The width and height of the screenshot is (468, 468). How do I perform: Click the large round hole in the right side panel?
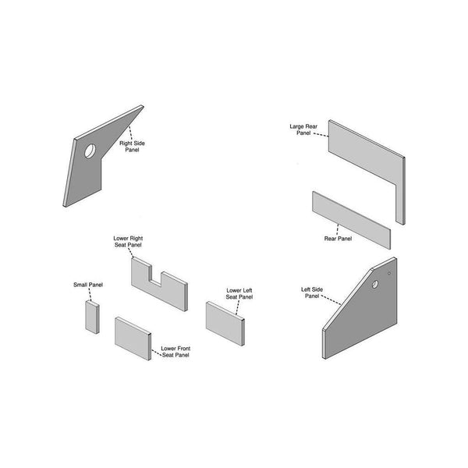pos(90,150)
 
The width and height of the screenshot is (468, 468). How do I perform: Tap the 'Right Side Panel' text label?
pos(132,147)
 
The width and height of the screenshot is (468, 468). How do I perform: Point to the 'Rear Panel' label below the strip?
pos(338,239)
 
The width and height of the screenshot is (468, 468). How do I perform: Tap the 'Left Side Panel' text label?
pos(312,292)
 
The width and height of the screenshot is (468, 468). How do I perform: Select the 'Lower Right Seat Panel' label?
pos(128,241)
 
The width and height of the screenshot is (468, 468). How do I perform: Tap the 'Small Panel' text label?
pos(87,285)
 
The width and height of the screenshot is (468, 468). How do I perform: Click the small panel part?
pos(91,317)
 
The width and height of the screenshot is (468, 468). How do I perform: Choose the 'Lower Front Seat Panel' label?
pos(175,351)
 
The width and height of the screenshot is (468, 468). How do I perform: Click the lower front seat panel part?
pos(133,339)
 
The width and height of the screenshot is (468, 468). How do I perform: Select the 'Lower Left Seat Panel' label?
pos(239,293)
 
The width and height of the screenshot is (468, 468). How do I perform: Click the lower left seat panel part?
pos(226,321)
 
